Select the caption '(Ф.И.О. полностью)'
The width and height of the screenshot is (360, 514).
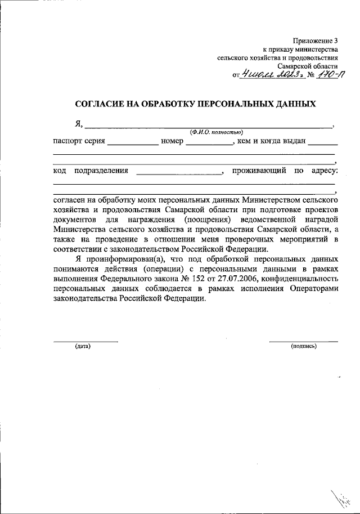tap(216, 131)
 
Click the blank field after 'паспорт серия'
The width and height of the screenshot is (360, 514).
tap(133, 142)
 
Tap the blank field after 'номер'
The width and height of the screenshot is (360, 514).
tap(209, 142)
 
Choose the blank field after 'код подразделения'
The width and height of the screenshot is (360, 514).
tap(179, 171)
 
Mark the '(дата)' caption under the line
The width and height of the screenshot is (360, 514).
tap(83, 346)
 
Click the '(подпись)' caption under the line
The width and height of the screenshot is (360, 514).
tap(304, 346)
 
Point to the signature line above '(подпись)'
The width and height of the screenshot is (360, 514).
tap(304, 341)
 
